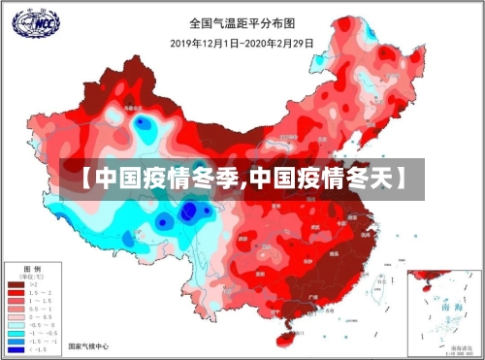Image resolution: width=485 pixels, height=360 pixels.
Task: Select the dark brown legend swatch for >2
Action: tap(16, 283)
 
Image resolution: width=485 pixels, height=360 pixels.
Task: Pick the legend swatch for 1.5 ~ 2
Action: tap(16, 292)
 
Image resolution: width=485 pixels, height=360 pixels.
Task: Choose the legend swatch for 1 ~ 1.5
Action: tap(16, 300)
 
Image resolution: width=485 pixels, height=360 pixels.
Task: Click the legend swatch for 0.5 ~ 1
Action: tap(16, 309)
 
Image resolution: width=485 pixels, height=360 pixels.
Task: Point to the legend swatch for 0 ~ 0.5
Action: tap(16, 316)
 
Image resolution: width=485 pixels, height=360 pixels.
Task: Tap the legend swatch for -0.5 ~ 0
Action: tap(16, 325)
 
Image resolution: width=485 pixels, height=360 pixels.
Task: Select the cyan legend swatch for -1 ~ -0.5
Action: tap(16, 333)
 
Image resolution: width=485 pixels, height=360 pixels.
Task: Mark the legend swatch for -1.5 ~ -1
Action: tap(16, 342)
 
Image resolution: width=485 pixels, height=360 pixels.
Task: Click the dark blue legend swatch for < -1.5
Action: tap(16, 349)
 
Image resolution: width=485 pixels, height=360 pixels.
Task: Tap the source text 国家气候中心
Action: tap(88, 345)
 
